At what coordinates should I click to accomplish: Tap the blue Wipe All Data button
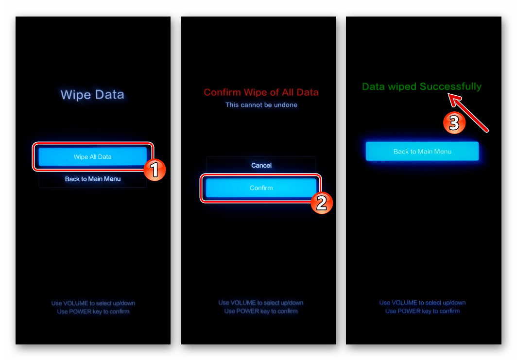click(93, 156)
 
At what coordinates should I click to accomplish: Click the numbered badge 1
click(155, 170)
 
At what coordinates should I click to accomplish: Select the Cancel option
click(261, 165)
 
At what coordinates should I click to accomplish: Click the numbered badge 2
click(322, 203)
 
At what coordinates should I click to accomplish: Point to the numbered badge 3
click(454, 122)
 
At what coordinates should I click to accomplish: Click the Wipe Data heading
click(92, 95)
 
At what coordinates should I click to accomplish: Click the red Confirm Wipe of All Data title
click(261, 92)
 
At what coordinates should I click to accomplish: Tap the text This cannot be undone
click(261, 105)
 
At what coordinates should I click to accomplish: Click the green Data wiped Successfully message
click(422, 86)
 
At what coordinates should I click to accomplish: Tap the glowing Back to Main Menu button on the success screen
click(422, 151)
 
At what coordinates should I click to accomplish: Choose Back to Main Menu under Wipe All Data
click(93, 179)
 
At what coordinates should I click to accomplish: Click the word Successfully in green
click(451, 86)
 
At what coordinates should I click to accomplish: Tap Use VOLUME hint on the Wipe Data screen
click(93, 303)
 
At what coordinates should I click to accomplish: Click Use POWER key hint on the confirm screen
click(261, 311)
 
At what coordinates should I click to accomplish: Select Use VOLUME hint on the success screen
click(422, 303)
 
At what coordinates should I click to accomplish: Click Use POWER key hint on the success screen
click(422, 311)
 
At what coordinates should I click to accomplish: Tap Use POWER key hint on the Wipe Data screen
click(93, 311)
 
